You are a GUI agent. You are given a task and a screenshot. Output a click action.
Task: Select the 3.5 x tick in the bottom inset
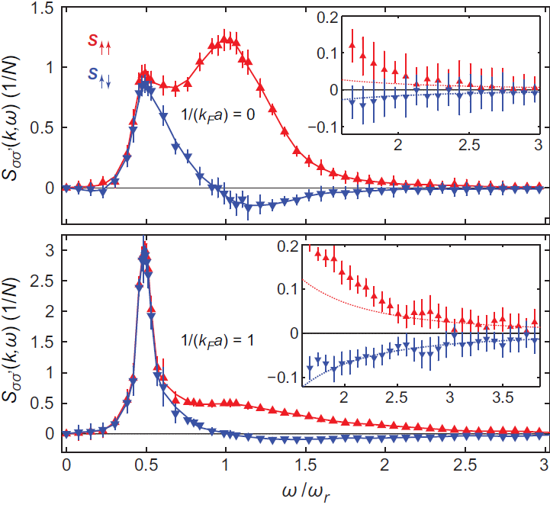503,398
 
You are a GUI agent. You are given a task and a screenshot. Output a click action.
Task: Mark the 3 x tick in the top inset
537,144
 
